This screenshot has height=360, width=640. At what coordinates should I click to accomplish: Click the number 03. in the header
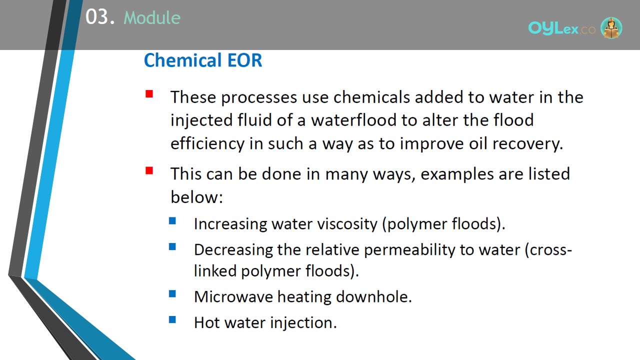[x=100, y=17]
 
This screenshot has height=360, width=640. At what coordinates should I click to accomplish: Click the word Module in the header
[x=152, y=17]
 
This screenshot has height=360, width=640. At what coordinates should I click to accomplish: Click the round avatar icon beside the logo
[x=611, y=28]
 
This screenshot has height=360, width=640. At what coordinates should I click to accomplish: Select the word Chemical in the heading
[x=183, y=60]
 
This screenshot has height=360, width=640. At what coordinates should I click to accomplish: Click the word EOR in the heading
[x=244, y=60]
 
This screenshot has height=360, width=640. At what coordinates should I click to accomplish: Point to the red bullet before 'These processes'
[x=149, y=94]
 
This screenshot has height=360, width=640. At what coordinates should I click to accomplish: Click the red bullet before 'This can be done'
[x=149, y=170]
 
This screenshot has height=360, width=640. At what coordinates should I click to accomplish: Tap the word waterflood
[x=353, y=119]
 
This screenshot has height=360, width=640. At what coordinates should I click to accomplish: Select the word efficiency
[x=207, y=143]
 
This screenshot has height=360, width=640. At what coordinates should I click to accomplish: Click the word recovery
[x=527, y=143]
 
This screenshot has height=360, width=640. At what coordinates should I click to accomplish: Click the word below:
[x=196, y=196]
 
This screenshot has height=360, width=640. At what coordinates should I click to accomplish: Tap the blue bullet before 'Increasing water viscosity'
[x=172, y=221]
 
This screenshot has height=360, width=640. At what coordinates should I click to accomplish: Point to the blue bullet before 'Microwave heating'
[x=172, y=293]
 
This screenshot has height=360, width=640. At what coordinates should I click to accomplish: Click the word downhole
[x=374, y=296]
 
